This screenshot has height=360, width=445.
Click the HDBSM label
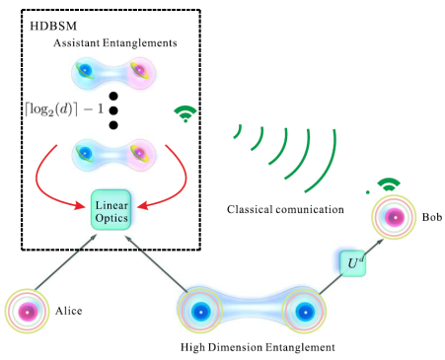[x=53, y=26]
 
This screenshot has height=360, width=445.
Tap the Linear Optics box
[x=111, y=210]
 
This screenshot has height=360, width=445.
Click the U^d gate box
[x=352, y=263]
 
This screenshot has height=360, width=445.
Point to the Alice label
[x=68, y=311]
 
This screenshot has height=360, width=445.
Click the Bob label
[x=432, y=217]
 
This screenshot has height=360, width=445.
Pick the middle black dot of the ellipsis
[x=113, y=110]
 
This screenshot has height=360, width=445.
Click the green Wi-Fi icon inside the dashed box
[x=185, y=113]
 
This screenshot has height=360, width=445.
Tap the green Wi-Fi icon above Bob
[x=389, y=184]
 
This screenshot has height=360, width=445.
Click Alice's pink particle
[x=27, y=312]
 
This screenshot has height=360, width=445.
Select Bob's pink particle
[x=395, y=217]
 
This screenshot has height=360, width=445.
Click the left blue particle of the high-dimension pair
[x=200, y=311]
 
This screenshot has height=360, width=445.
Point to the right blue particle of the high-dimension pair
[x=305, y=312]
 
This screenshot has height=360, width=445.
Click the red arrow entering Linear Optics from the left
[x=39, y=184]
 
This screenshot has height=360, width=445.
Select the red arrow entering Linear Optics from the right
[x=183, y=184]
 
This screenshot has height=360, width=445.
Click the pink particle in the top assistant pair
[x=139, y=70]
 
